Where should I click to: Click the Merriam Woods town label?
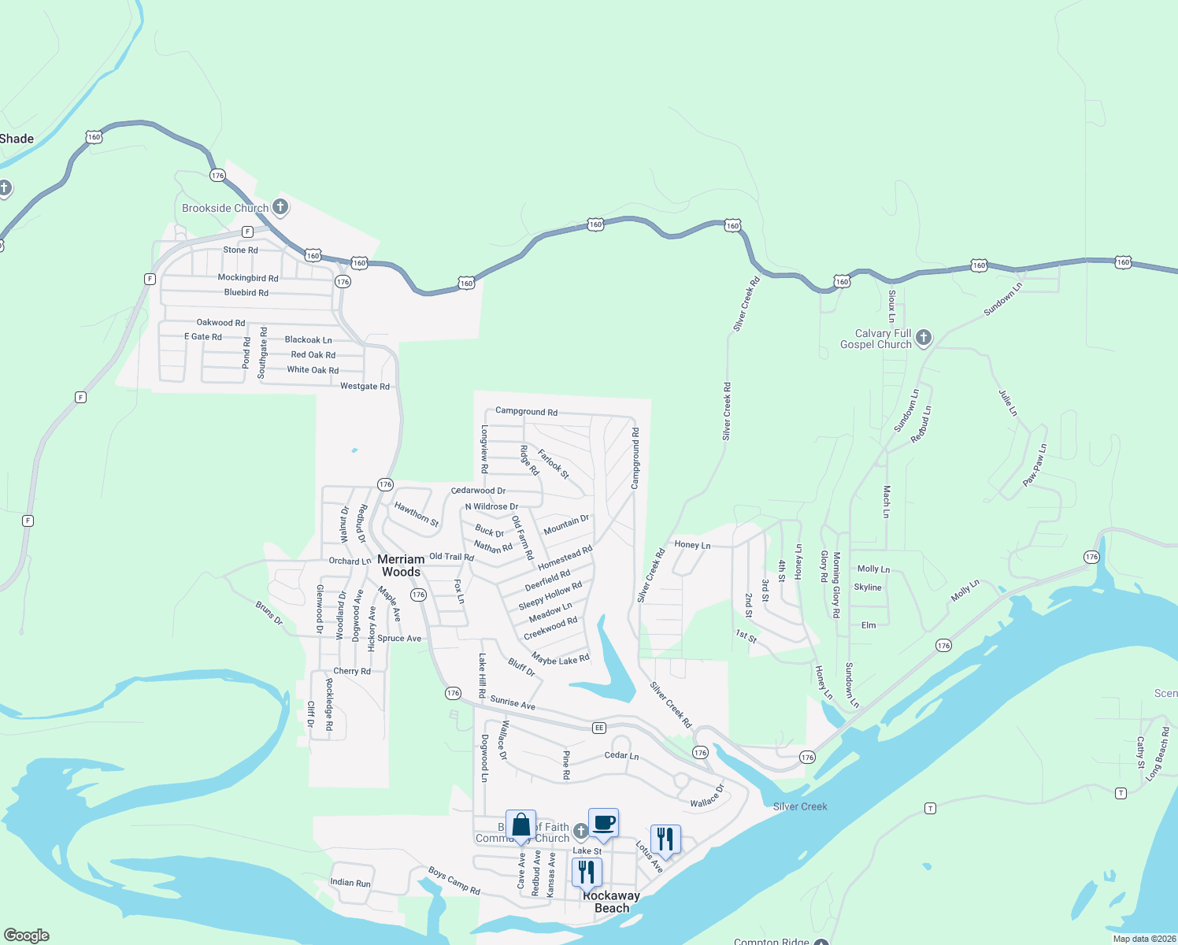coord(401,565)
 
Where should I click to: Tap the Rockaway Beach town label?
coord(611,902)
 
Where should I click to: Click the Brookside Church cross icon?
coord(280,207)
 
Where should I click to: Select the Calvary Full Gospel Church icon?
coord(924,338)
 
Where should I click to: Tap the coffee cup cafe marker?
coord(603,824)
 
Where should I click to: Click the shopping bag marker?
coord(520,826)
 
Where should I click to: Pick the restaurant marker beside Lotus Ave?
coord(665,840)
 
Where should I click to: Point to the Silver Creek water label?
coord(800,806)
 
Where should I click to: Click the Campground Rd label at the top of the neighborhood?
coord(526,411)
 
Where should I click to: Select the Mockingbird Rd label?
coord(248,278)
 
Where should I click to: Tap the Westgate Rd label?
coord(365,386)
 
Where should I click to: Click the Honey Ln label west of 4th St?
coord(692,545)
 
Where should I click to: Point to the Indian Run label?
coord(350,883)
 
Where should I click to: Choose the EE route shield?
coord(599,728)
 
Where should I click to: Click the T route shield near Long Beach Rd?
coord(1121,793)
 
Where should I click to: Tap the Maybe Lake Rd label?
coord(561,660)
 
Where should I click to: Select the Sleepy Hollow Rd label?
coord(550,595)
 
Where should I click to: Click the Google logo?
coord(27,935)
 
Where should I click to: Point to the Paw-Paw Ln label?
coord(1035,465)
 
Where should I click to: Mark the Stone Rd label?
coord(240,250)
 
